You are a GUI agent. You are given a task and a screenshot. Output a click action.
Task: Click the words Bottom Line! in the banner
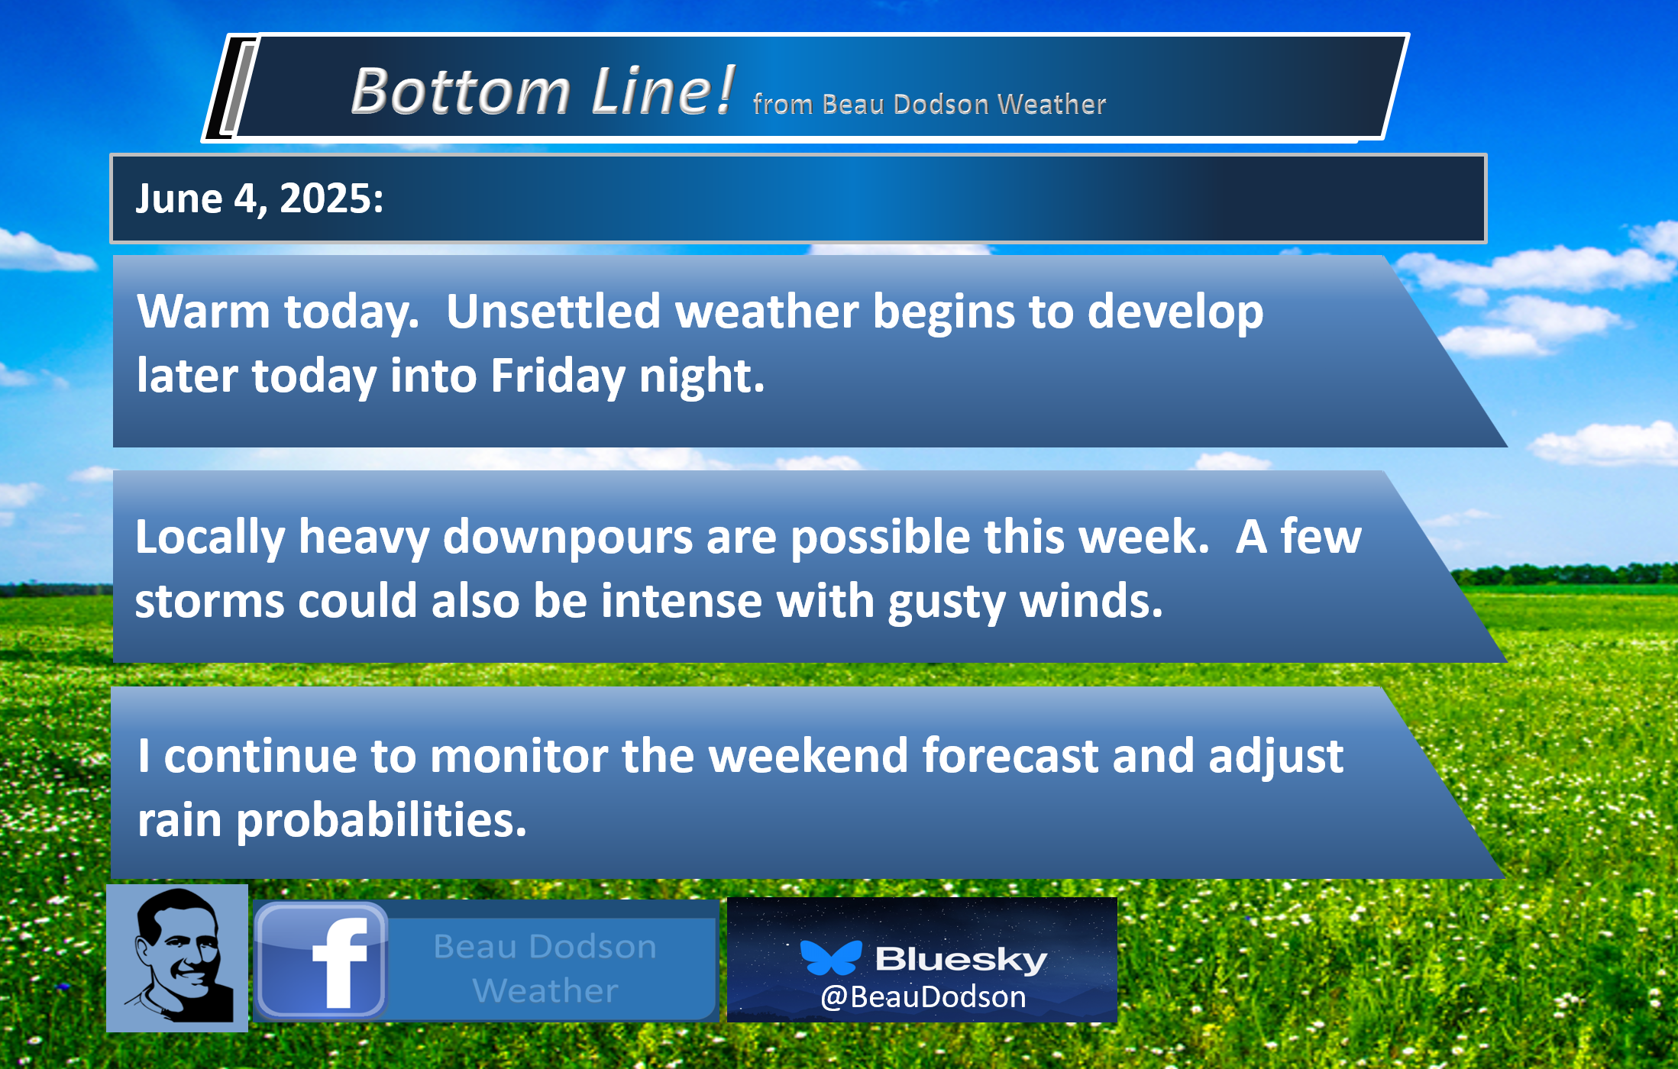(542, 91)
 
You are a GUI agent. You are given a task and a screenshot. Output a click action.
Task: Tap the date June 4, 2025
(259, 199)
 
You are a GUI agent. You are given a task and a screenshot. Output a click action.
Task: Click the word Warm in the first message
(203, 312)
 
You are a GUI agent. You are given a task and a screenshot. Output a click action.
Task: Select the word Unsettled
(553, 312)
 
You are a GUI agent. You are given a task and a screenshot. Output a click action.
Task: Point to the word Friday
(558, 377)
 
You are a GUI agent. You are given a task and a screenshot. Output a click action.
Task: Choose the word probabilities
(381, 822)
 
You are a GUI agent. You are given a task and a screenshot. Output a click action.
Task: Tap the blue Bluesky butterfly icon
(830, 958)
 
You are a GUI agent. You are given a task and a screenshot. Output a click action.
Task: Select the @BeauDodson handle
(923, 997)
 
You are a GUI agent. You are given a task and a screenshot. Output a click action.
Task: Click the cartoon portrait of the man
(177, 958)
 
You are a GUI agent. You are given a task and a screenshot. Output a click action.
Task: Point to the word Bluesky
(961, 959)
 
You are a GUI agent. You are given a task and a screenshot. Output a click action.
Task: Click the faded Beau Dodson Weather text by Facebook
(545, 968)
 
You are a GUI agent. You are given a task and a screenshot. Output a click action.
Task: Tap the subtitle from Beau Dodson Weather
(929, 104)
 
